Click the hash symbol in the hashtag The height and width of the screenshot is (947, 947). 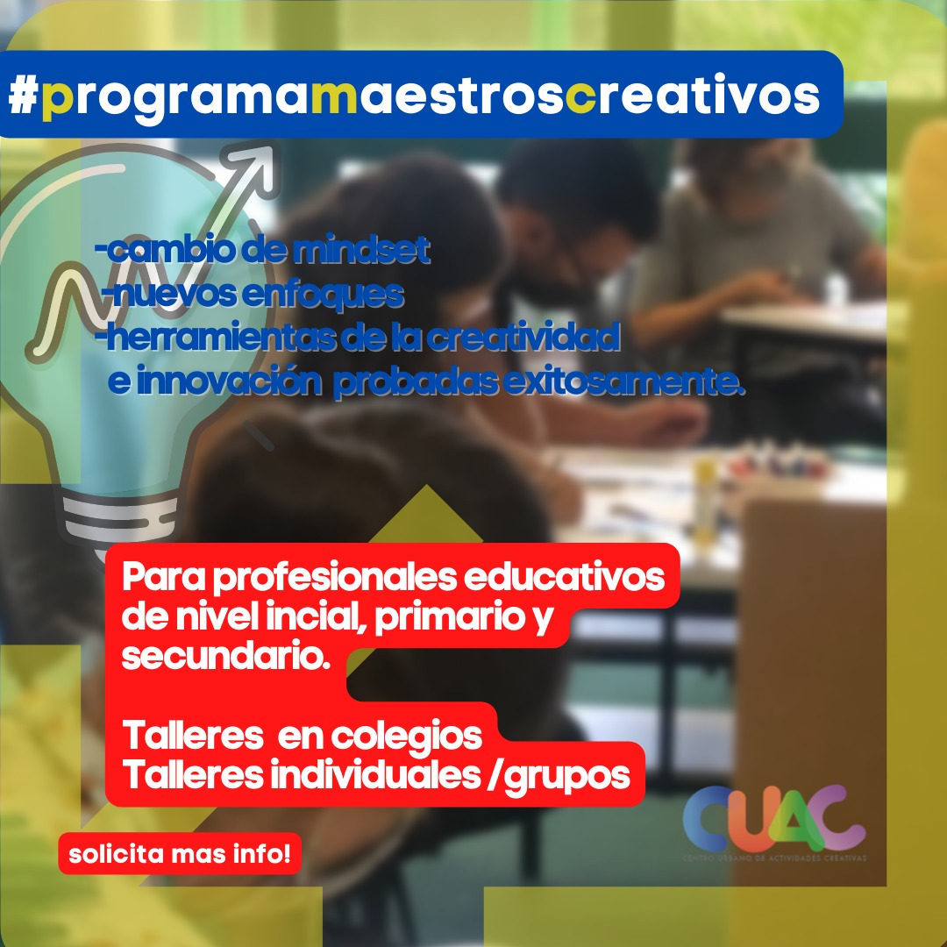point(24,96)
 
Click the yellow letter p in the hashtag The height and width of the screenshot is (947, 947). point(59,98)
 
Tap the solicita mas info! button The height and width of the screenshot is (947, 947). point(180,852)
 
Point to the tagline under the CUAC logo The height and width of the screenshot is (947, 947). point(774,857)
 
